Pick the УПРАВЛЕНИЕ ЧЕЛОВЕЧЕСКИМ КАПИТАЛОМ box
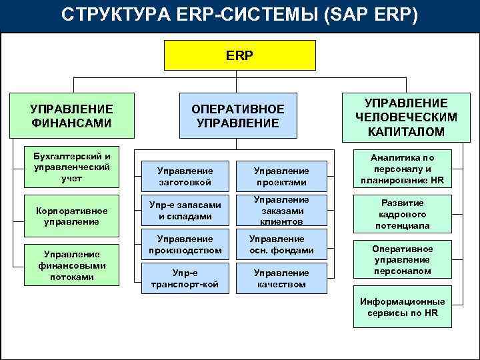point(405,117)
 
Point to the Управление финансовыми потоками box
point(71,265)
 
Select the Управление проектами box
point(282,176)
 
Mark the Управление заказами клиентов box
point(282,210)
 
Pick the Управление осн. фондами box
point(282,245)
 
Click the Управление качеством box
point(282,279)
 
